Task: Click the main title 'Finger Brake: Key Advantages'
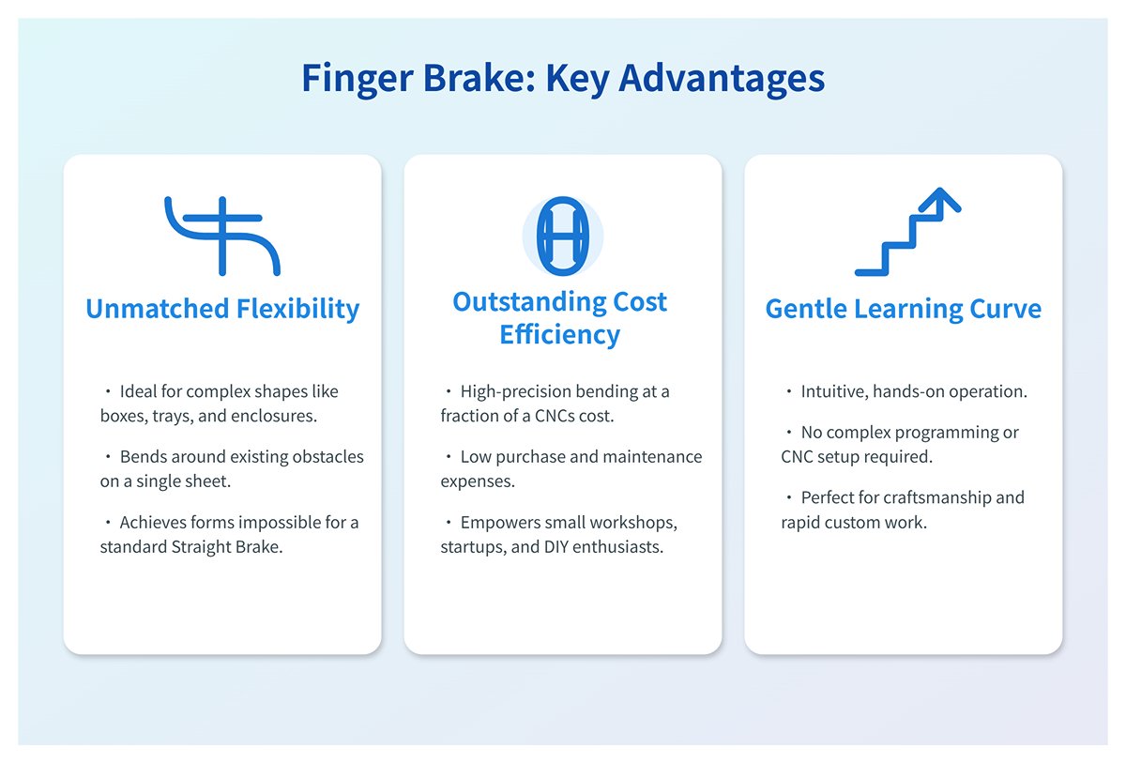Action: click(x=563, y=79)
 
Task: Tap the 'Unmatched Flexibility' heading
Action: click(x=222, y=309)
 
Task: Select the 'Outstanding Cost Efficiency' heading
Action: click(x=560, y=317)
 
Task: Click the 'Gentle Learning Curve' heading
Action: click(x=903, y=309)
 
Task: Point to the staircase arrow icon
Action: click(x=906, y=233)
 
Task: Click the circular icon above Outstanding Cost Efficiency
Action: click(x=562, y=236)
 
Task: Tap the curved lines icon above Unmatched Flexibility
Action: click(x=222, y=236)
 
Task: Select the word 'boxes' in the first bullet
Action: click(x=120, y=416)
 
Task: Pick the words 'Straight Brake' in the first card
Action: click(x=232, y=546)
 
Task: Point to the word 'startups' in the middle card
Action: click(x=473, y=546)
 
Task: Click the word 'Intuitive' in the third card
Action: click(x=832, y=391)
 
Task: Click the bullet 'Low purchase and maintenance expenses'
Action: click(x=571, y=468)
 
